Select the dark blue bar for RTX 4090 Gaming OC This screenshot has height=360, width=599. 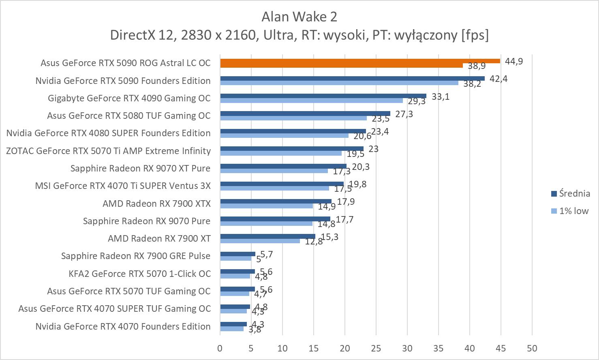click(323, 96)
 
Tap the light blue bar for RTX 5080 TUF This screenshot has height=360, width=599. click(293, 118)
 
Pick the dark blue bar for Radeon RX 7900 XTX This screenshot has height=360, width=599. click(276, 201)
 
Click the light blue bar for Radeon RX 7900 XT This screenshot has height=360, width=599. click(260, 241)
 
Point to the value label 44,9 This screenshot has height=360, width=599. click(514, 61)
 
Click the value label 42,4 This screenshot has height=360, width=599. click(498, 79)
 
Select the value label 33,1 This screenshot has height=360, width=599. click(441, 96)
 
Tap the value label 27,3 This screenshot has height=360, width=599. click(404, 114)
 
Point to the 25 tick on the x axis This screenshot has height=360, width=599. click(376, 348)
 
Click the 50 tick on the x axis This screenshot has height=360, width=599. click(532, 348)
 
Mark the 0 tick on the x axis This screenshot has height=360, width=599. click(220, 348)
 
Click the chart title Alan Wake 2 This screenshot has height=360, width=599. click(299, 17)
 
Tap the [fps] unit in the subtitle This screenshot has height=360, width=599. click(475, 35)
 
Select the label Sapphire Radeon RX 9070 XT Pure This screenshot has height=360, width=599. click(140, 168)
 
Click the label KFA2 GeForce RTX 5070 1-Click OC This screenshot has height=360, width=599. click(139, 274)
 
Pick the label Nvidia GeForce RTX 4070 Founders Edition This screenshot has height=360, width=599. click(123, 326)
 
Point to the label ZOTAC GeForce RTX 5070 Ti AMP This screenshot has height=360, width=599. click(108, 151)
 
